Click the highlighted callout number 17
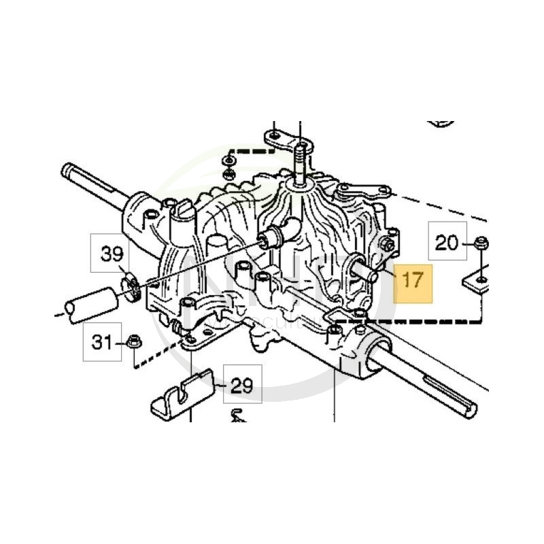[413, 279]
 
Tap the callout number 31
[102, 342]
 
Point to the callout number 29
[241, 386]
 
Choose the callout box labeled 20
[447, 242]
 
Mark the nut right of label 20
[481, 241]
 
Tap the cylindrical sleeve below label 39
[89, 301]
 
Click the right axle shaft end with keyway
[469, 406]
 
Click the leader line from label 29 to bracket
[218, 385]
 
